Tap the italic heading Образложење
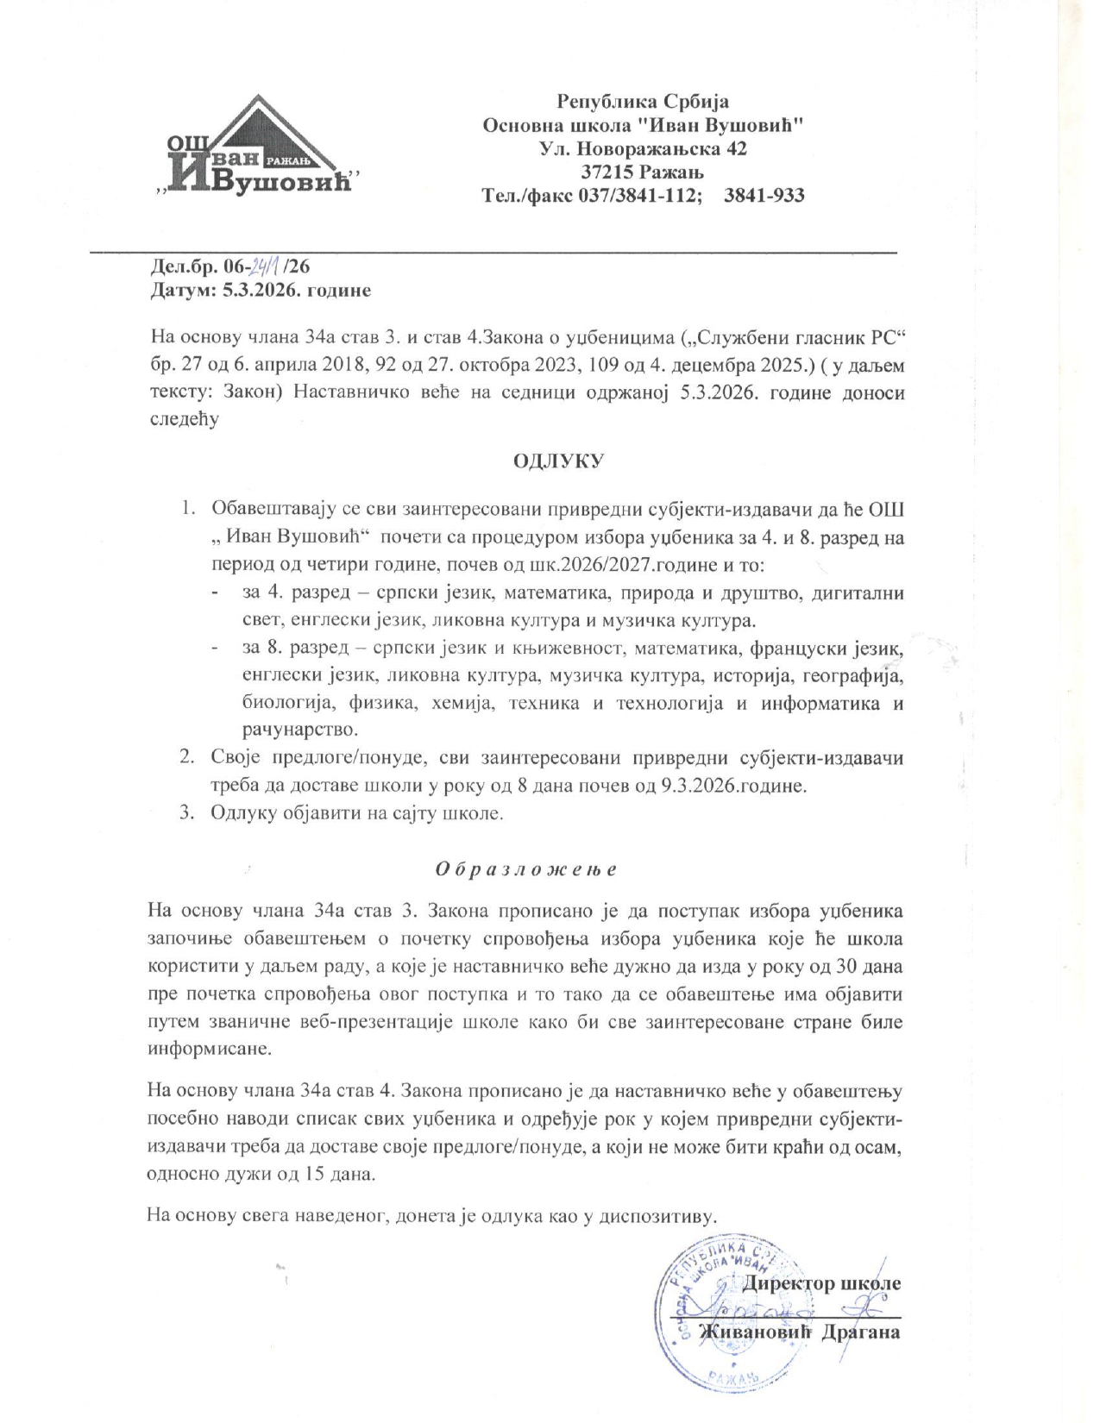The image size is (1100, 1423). [525, 869]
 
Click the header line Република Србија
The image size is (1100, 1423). [643, 101]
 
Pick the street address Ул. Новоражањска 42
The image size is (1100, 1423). [643, 148]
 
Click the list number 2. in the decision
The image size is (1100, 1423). [186, 757]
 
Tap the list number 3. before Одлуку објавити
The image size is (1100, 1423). [186, 813]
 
